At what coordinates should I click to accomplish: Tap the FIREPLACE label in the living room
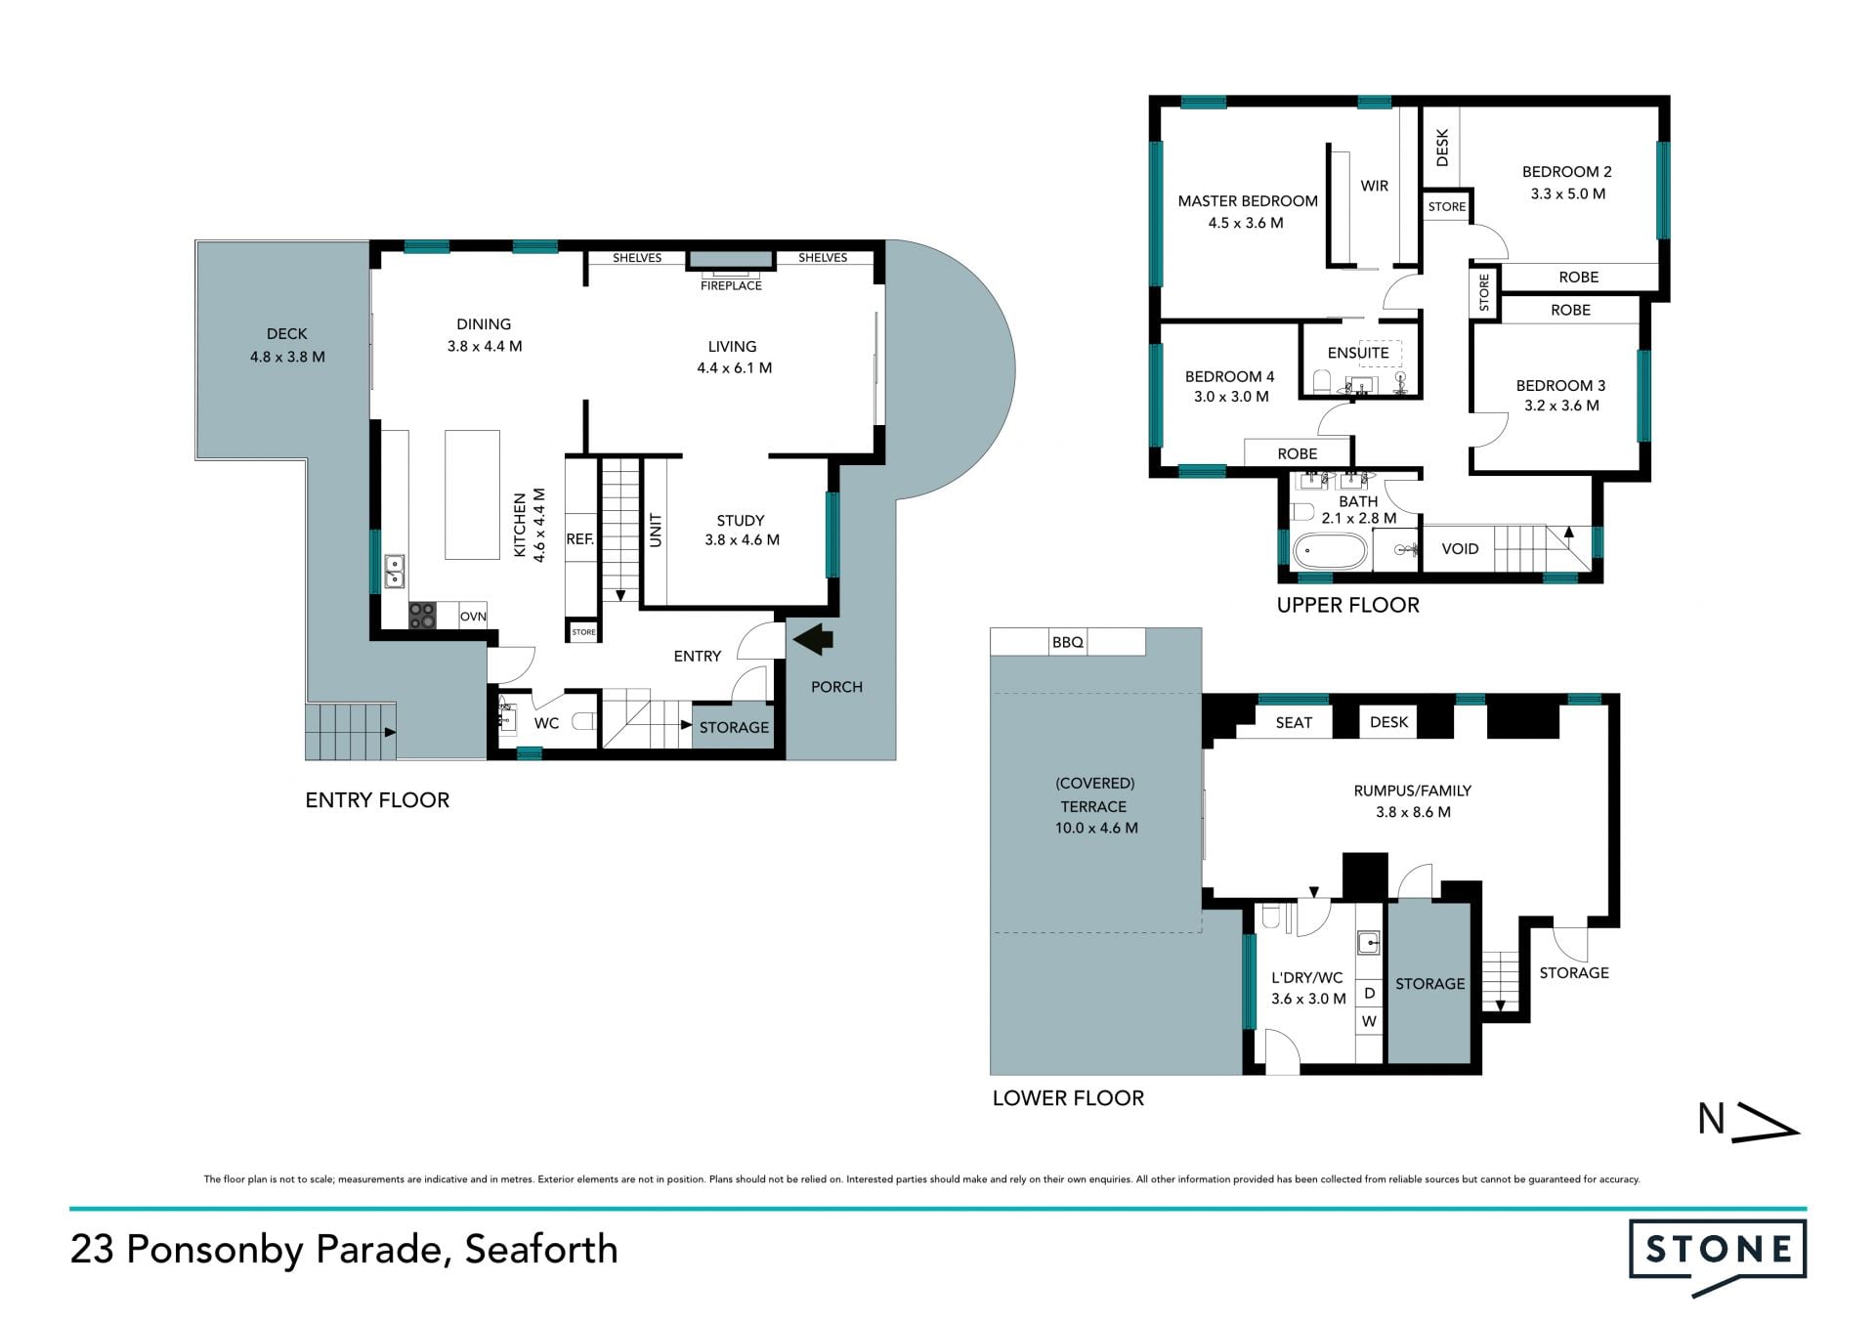click(731, 285)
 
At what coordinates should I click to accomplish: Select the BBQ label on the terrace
click(1068, 642)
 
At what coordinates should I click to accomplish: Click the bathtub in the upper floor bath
click(1330, 551)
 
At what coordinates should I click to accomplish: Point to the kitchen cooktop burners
click(422, 616)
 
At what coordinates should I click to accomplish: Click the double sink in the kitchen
click(394, 571)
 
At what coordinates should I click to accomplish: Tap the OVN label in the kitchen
click(473, 617)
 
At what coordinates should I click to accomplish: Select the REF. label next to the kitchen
click(580, 538)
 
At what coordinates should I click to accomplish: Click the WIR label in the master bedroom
click(1374, 186)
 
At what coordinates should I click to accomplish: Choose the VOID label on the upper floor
click(1460, 549)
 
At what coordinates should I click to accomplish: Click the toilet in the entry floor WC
click(583, 722)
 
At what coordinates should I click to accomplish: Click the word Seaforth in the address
click(541, 1250)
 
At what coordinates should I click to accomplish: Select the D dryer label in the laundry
click(1369, 993)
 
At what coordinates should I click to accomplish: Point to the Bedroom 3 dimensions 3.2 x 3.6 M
click(1561, 406)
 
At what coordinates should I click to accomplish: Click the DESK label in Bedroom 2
click(1442, 148)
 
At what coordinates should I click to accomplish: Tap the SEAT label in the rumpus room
click(1294, 722)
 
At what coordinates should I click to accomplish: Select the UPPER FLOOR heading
click(1348, 605)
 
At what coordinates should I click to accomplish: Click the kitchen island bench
click(473, 494)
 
